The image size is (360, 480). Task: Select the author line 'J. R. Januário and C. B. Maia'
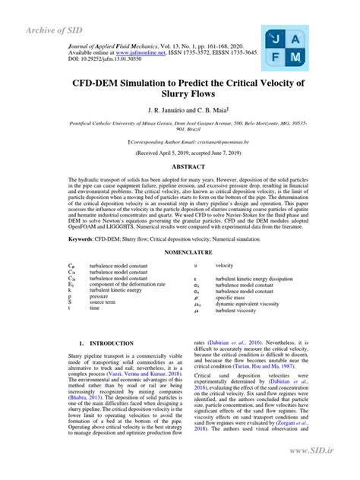(180, 111)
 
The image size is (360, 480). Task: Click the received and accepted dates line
(180, 152)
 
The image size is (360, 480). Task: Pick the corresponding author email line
(180, 141)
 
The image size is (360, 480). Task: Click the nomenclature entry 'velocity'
(224, 266)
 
